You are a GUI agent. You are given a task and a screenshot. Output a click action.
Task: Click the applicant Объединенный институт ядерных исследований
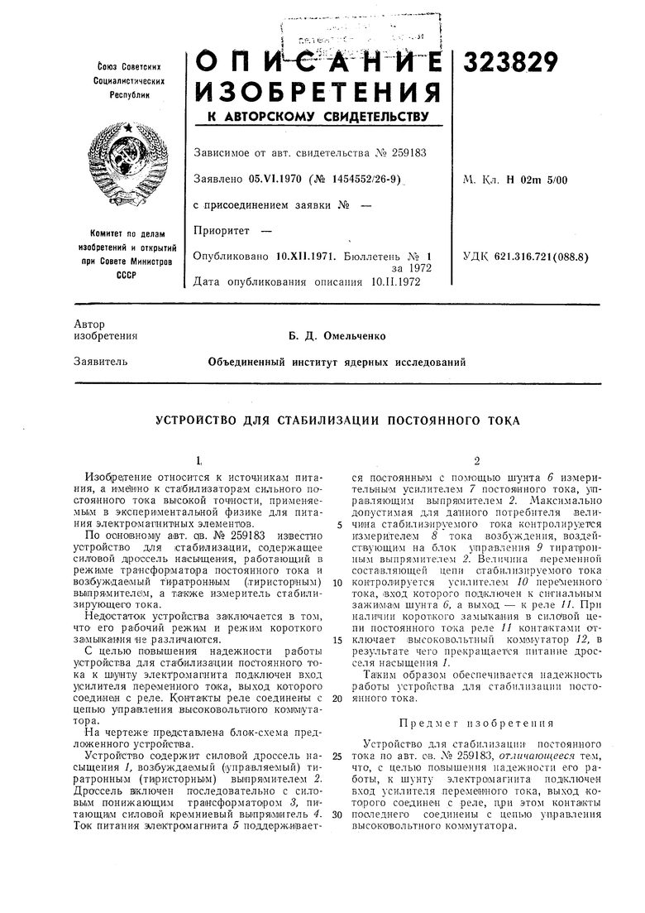337,362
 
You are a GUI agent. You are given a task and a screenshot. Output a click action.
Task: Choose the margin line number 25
338,756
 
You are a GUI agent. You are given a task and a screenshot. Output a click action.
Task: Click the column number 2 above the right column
477,460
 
